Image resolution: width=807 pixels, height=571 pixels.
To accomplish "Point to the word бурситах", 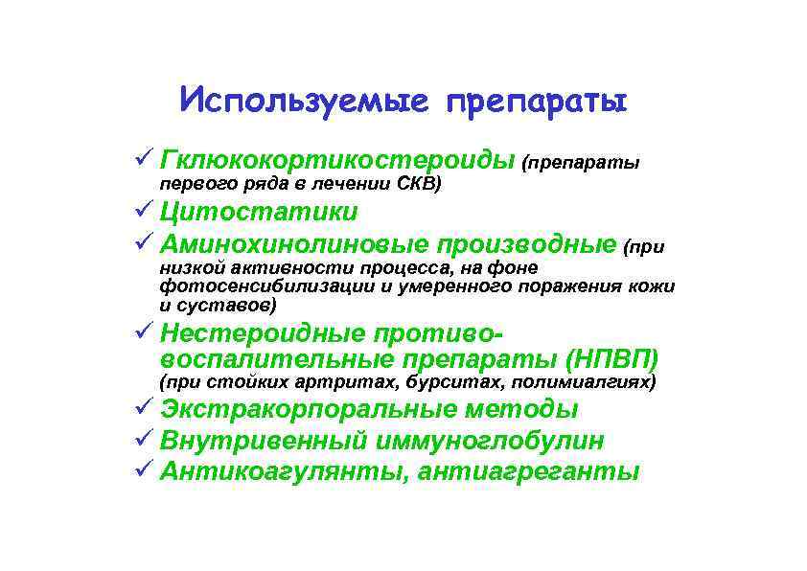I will click(468, 383).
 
